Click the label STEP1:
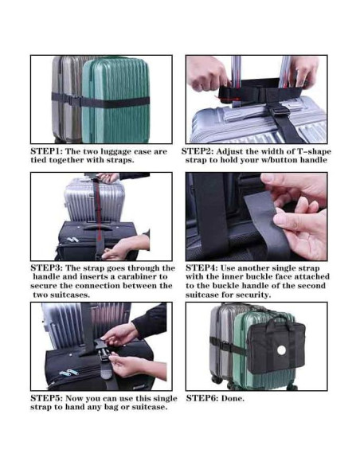[x=46, y=151]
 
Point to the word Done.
[x=233, y=398]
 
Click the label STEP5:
[x=46, y=398]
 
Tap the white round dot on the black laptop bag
[x=281, y=350]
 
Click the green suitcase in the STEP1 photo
[x=115, y=101]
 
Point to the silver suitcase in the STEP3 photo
[x=94, y=200]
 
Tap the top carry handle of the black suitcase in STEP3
[x=98, y=228]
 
